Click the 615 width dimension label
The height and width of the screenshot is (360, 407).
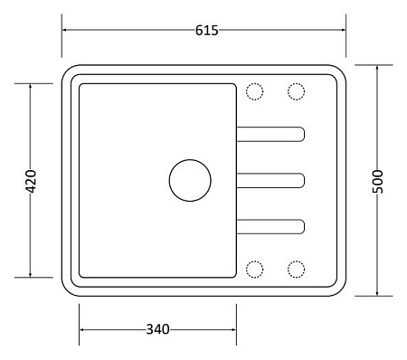(207, 31)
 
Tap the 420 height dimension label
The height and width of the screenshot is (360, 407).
(31, 181)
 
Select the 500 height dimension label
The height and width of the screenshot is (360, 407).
(377, 181)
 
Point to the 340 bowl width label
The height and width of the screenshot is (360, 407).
(157, 329)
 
